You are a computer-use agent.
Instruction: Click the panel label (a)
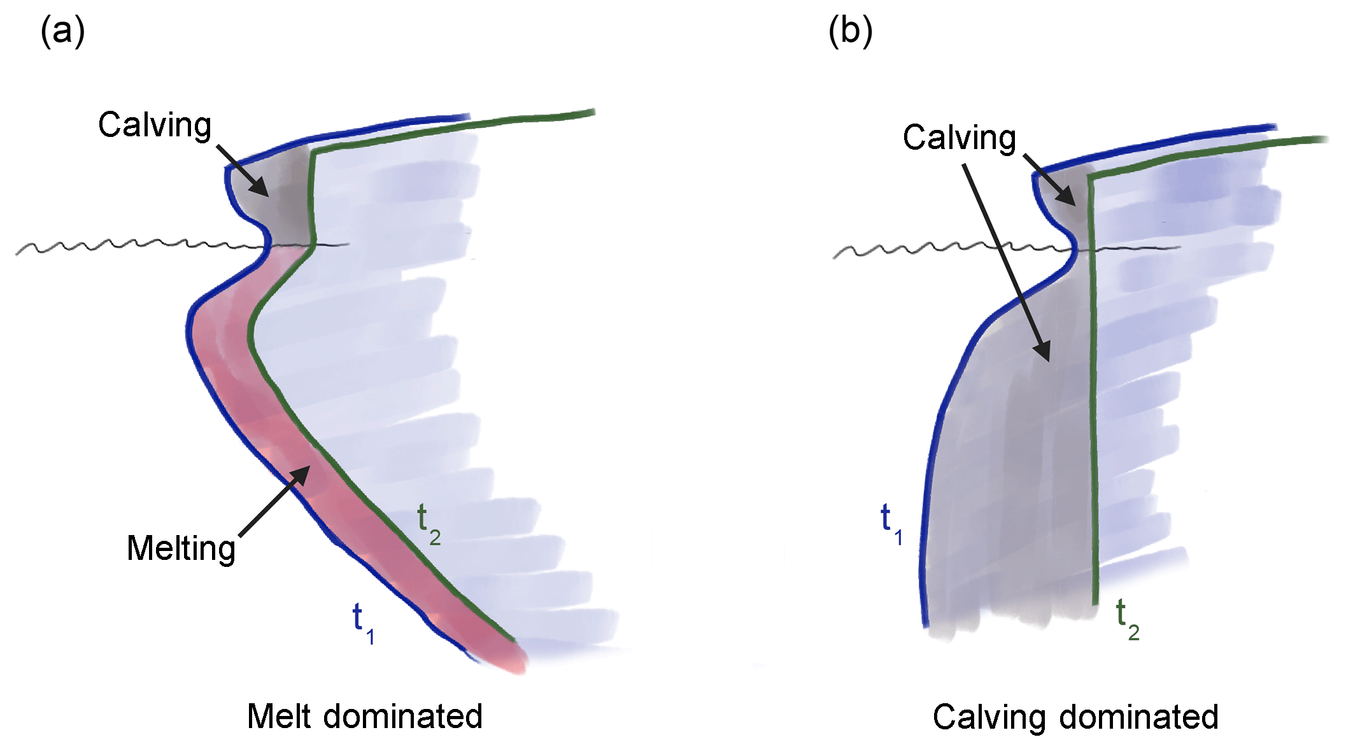(x=62, y=31)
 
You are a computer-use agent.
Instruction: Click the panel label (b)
(x=850, y=31)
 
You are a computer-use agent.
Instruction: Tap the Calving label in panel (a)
(x=155, y=125)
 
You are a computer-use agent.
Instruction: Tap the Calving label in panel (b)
(x=959, y=138)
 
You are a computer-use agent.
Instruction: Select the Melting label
(x=181, y=548)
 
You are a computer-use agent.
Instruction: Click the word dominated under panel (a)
(x=403, y=717)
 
